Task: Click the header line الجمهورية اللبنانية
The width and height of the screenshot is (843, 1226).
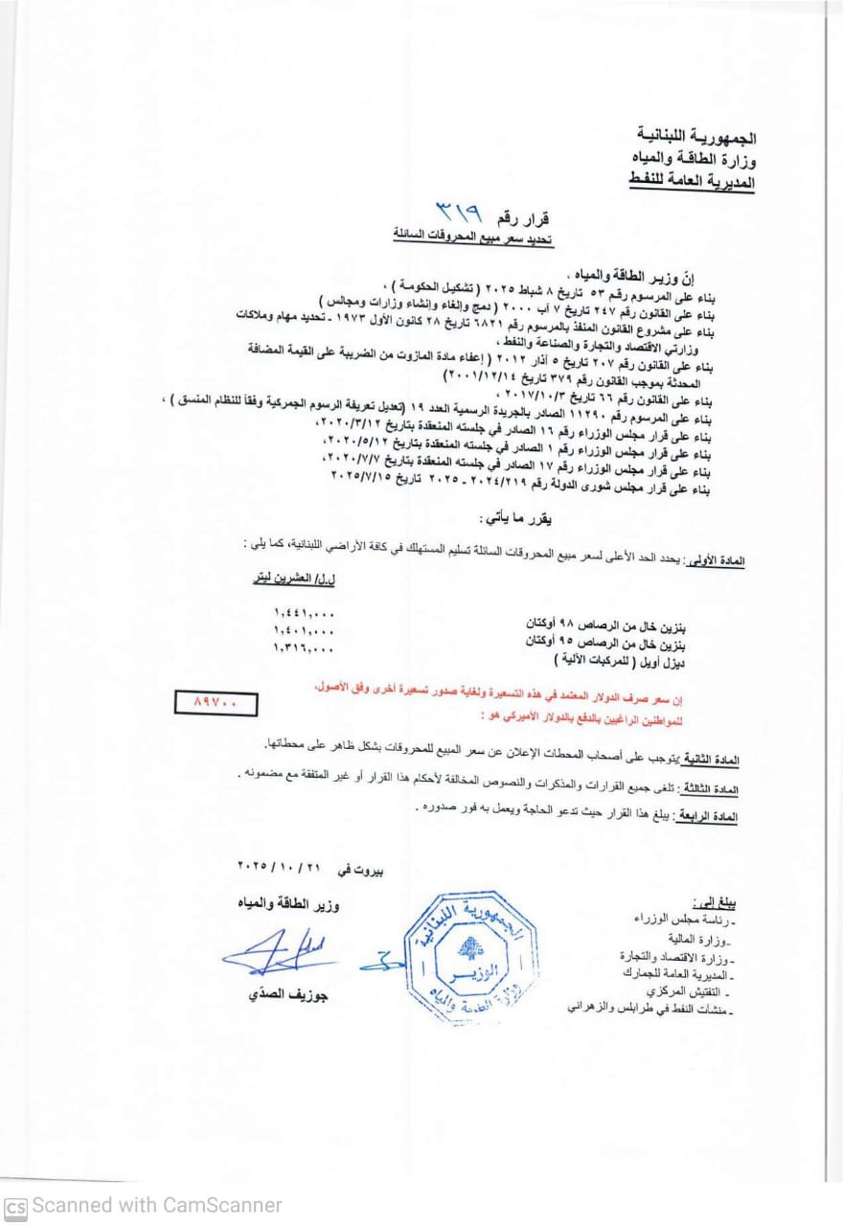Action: tap(695, 138)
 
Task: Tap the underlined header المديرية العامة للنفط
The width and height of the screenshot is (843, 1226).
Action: tap(693, 180)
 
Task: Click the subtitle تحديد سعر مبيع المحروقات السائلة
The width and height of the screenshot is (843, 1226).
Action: tap(473, 234)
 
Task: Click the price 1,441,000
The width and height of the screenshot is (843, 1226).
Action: tap(304, 612)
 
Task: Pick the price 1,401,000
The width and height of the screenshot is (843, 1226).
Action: tap(304, 630)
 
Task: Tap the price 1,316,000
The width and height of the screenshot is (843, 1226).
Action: tap(304, 648)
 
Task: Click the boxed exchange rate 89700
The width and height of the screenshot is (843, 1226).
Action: tap(218, 703)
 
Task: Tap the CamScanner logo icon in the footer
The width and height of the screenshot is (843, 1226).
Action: tap(15, 1206)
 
